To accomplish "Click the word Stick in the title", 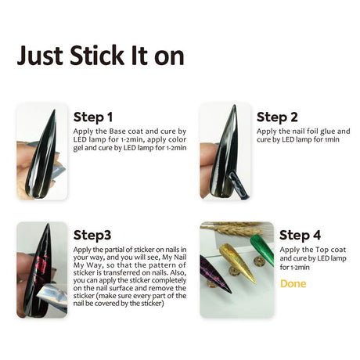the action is (97, 56).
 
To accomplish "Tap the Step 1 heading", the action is (93, 117).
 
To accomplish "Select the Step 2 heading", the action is (277, 117).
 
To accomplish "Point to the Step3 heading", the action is (92, 236).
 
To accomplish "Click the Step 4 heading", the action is (300, 236).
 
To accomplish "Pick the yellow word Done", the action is (293, 283).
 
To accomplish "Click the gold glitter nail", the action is (237, 262).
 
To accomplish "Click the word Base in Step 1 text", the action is (117, 131).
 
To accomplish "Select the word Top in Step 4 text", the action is (322, 250).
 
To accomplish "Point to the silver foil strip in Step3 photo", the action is (53, 297).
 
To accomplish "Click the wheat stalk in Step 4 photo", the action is (232, 229).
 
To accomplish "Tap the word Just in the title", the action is (40, 56).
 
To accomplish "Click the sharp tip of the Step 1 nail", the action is (55, 110).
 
